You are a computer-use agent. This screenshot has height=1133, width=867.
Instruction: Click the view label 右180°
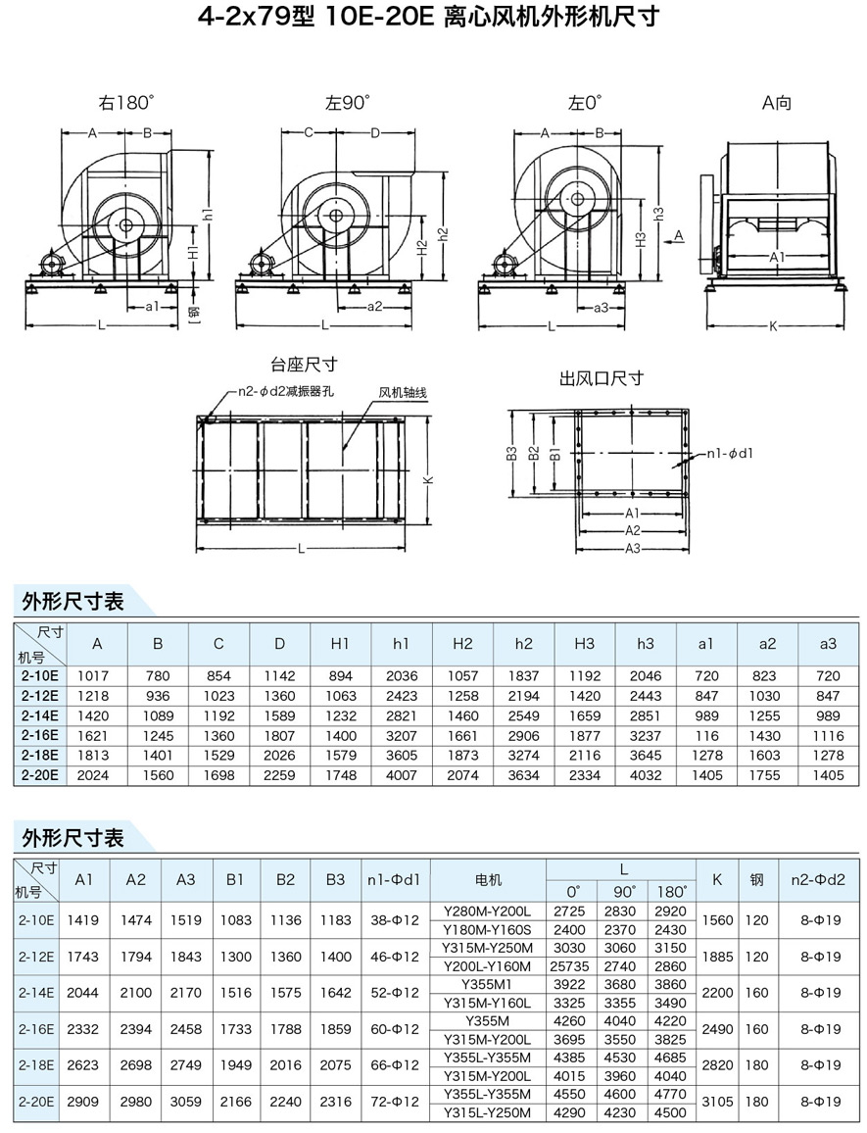pyautogui.click(x=126, y=102)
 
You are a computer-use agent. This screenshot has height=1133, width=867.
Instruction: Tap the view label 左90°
pyautogui.click(x=348, y=102)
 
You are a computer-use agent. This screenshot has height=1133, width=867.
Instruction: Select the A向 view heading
pyautogui.click(x=777, y=102)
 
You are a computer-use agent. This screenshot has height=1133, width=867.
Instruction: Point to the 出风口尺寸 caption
pyautogui.click(x=601, y=378)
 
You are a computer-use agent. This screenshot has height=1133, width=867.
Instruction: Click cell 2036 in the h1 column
pyautogui.click(x=401, y=676)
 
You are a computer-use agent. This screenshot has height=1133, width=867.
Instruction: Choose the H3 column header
pyautogui.click(x=584, y=644)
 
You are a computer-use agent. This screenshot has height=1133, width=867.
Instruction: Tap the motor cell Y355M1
pyautogui.click(x=487, y=983)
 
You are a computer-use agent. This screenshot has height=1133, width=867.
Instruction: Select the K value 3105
pyautogui.click(x=717, y=1103)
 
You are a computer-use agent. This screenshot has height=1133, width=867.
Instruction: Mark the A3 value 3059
pyautogui.click(x=185, y=1103)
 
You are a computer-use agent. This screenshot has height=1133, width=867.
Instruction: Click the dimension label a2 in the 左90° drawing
pyautogui.click(x=373, y=307)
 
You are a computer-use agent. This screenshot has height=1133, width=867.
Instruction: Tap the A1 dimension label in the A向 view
pyautogui.click(x=777, y=256)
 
